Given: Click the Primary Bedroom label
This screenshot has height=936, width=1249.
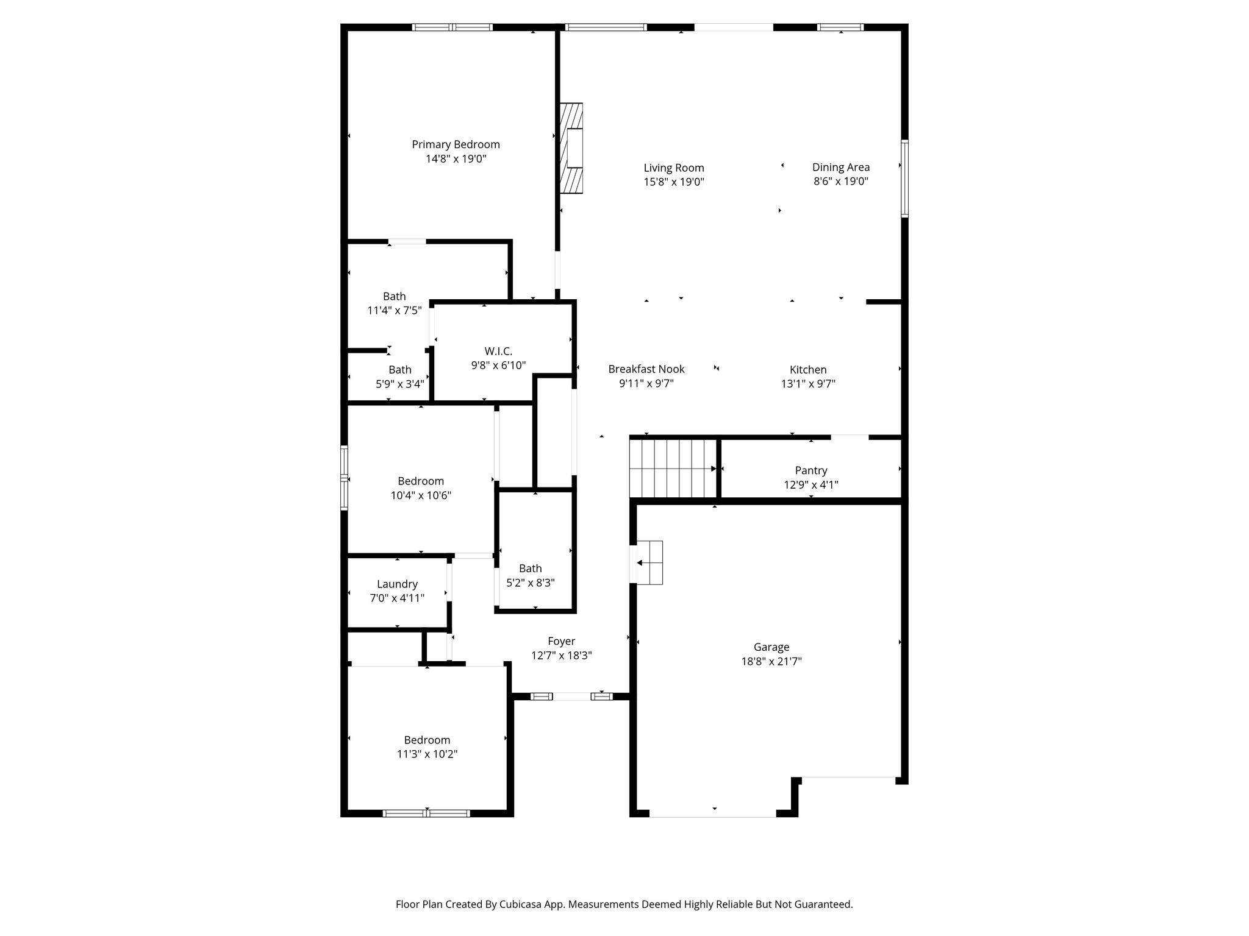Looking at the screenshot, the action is click(x=456, y=144).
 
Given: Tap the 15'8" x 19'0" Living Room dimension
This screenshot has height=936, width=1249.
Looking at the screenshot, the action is click(x=674, y=182).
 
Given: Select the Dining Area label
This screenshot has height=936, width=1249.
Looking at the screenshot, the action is click(x=841, y=167).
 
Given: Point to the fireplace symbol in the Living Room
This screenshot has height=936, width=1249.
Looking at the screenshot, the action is click(x=571, y=148).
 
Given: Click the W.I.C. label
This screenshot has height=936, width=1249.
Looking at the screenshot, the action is click(x=498, y=351).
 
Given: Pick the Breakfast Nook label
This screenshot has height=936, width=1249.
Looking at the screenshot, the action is click(x=646, y=369).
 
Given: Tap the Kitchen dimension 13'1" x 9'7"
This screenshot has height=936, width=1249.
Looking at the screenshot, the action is click(x=808, y=384).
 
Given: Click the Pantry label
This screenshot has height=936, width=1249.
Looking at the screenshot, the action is click(x=811, y=470).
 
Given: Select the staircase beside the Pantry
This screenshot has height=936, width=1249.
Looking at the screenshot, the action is click(x=673, y=468).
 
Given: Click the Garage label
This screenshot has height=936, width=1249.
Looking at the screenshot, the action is click(x=771, y=647).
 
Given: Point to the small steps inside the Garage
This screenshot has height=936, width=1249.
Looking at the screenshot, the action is click(x=650, y=562).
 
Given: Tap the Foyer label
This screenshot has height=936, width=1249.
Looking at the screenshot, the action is click(x=561, y=641).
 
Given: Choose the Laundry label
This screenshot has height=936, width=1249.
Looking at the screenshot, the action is click(x=397, y=584).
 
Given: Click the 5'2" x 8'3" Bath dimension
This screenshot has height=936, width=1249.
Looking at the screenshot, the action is click(x=531, y=583).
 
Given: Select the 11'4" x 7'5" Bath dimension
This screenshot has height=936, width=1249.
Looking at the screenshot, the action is click(x=395, y=311).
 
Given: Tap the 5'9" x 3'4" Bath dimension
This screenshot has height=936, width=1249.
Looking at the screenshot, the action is click(x=400, y=384).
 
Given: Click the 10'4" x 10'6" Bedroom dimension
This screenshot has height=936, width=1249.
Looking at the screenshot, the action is click(x=421, y=495).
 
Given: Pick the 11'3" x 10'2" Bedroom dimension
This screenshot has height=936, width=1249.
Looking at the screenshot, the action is click(x=427, y=754).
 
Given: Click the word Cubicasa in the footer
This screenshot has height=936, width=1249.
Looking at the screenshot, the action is click(x=521, y=904).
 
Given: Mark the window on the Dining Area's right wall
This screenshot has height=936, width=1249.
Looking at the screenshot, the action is click(x=905, y=179).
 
